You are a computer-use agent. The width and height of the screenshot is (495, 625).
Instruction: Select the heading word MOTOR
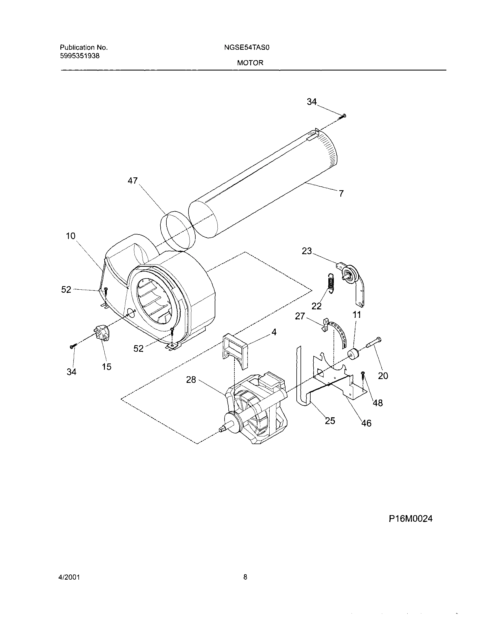250,63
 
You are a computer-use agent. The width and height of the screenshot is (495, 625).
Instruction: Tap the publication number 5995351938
80,56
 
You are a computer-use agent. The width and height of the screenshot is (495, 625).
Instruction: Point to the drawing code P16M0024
410,519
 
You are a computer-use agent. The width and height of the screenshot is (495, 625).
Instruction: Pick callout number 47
133,181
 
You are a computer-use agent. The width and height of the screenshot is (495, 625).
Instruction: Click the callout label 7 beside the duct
341,193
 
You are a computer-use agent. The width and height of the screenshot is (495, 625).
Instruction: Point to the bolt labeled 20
374,343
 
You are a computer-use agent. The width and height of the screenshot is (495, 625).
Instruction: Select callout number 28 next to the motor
191,380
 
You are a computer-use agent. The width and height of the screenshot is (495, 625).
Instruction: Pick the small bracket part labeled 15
101,333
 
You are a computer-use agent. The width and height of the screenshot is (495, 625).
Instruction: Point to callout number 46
366,423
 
